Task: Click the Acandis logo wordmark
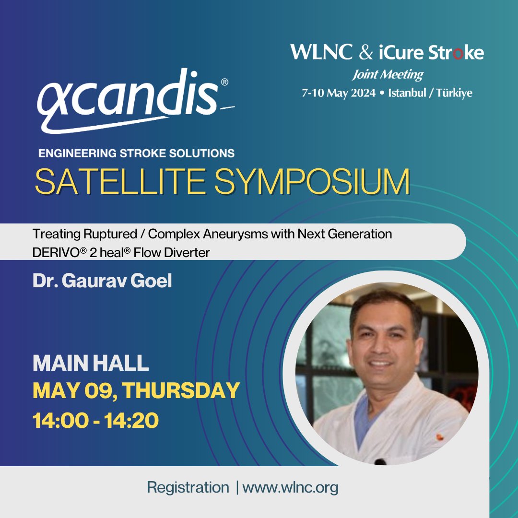coord(127,101)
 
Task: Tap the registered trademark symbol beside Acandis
coord(224,82)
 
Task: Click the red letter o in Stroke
coord(458,53)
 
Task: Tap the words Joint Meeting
coord(388,74)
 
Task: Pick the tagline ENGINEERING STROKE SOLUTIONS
coord(136,153)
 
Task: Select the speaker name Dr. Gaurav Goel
coord(102,281)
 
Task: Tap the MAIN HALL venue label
coord(91,364)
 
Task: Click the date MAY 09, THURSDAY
coord(136,391)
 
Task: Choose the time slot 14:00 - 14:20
coord(95,420)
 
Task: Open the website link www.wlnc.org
coord(290,488)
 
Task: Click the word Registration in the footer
coord(188,488)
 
